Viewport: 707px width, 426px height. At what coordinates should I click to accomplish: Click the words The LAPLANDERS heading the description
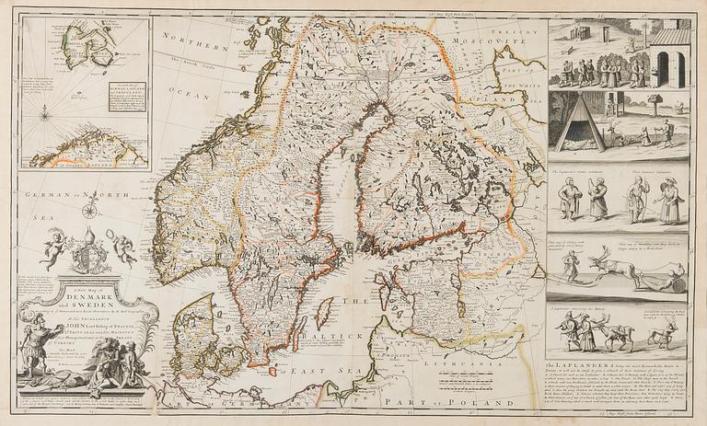point(585,367)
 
